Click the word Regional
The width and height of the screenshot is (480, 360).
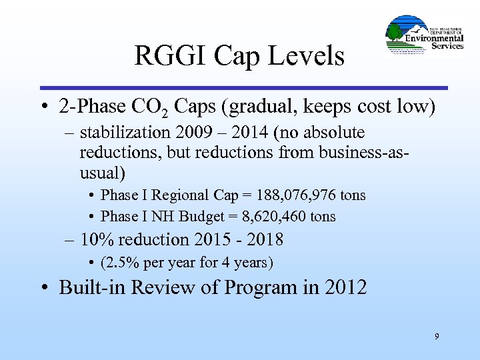[x=182, y=195]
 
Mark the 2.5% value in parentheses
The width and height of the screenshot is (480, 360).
[x=123, y=262]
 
